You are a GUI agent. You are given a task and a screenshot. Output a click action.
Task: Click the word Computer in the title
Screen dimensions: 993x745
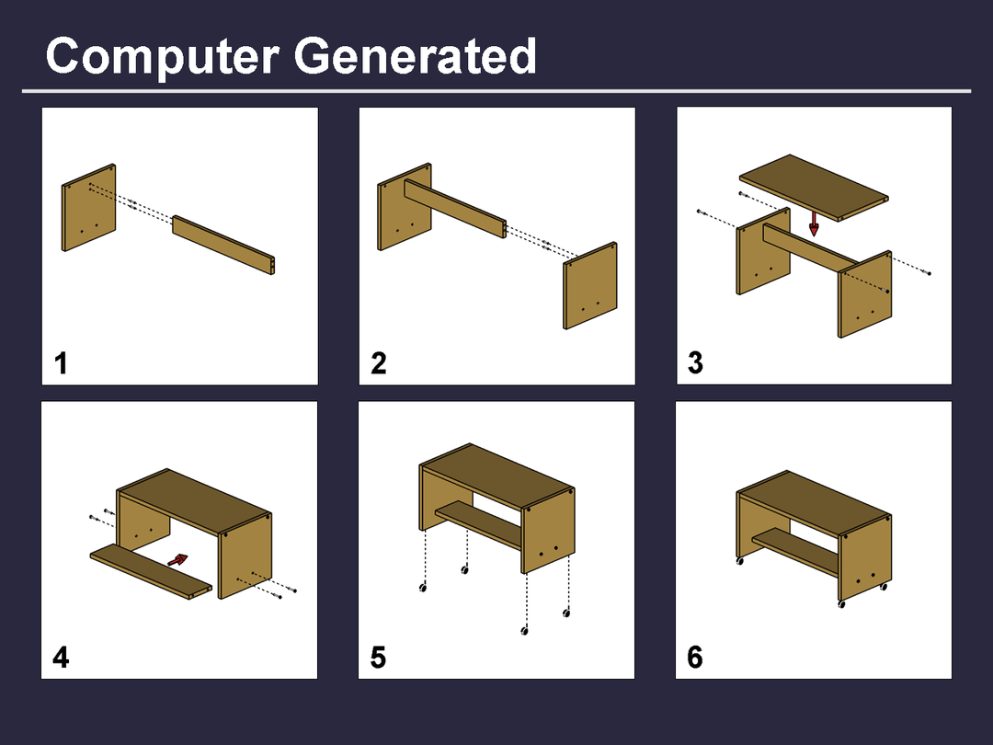tap(162, 56)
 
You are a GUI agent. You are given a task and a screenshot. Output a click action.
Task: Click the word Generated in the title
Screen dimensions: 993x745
tap(416, 56)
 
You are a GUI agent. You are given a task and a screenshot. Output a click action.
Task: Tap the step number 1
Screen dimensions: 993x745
tap(61, 363)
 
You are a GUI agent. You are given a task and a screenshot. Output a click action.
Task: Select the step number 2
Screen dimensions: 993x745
tap(379, 363)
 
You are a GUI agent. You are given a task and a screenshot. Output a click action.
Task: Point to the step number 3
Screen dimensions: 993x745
tap(695, 363)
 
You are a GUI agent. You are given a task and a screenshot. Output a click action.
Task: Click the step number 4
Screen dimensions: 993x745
tap(61, 658)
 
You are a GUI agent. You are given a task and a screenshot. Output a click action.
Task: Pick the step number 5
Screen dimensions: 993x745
tap(378, 658)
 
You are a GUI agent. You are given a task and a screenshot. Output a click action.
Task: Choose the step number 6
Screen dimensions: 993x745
tap(695, 657)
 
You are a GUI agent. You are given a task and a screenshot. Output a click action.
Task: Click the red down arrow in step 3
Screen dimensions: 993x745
tap(814, 223)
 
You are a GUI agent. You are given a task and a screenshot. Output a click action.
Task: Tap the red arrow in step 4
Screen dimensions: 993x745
tap(178, 560)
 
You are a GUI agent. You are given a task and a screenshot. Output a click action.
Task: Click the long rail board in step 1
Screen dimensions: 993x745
tap(223, 246)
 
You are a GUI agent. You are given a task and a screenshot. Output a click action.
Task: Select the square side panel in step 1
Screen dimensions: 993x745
tap(88, 208)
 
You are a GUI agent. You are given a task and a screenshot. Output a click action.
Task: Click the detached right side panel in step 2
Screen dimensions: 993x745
tap(590, 286)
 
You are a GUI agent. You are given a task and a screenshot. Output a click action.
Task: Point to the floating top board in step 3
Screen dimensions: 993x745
tap(814, 188)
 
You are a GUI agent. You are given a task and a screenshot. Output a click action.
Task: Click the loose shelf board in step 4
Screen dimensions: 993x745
tap(151, 571)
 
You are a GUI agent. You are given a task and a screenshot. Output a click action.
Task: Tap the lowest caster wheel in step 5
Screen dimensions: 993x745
tap(524, 630)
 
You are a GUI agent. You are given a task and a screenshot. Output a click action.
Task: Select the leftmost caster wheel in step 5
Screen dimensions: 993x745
tap(423, 588)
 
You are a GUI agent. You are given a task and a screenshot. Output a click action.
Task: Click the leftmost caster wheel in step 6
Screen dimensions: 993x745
tap(739, 561)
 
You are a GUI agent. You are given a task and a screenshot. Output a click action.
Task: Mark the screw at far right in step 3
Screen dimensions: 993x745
tap(928, 273)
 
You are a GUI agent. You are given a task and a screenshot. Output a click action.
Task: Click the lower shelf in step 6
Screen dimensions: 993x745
tap(795, 552)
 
